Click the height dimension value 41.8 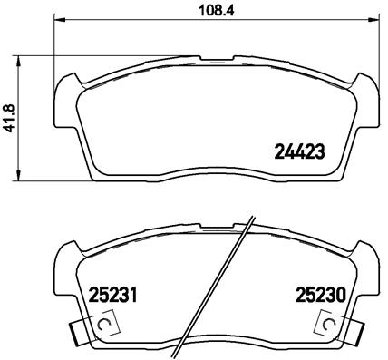(11, 117)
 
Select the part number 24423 (298, 152)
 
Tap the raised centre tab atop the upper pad (219, 62)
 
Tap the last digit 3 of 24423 (319, 152)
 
